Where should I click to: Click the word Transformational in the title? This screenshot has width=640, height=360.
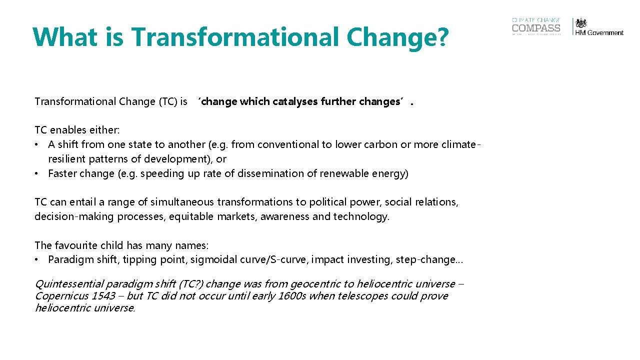(x=227, y=36)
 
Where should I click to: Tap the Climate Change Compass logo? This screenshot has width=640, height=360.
(x=536, y=26)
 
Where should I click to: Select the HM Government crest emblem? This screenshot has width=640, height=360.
(x=581, y=23)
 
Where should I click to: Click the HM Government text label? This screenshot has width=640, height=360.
(x=599, y=33)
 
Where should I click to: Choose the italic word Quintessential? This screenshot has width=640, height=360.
(x=69, y=284)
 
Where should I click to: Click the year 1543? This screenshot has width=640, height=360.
(x=103, y=296)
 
